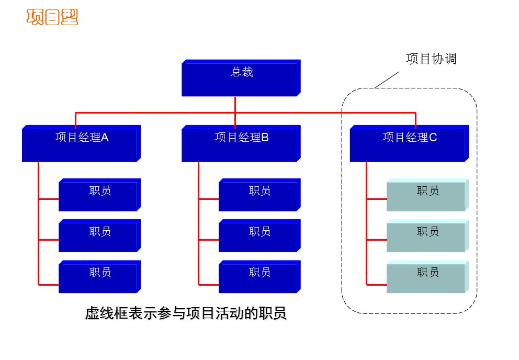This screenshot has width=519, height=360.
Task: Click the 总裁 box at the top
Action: point(241,78)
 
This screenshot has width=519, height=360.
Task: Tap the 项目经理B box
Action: point(241,144)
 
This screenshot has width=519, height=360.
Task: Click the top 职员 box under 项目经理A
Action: point(99,195)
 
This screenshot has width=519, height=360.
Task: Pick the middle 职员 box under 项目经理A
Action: point(99,236)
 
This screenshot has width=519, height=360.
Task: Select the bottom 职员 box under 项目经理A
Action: point(99,277)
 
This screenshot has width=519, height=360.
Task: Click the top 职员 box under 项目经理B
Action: point(259,195)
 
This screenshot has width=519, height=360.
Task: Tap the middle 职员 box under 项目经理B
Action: point(259,236)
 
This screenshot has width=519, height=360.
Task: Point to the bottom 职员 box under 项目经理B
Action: point(259,277)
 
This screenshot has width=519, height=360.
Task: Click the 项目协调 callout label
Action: point(431,59)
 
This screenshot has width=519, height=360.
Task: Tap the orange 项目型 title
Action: point(52,17)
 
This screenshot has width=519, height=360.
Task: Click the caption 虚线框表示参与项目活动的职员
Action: point(186,314)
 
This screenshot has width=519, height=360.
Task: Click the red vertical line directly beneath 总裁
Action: point(235,105)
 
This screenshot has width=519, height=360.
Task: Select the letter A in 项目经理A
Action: point(105,138)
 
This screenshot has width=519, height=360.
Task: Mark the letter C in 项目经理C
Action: point(433,138)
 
